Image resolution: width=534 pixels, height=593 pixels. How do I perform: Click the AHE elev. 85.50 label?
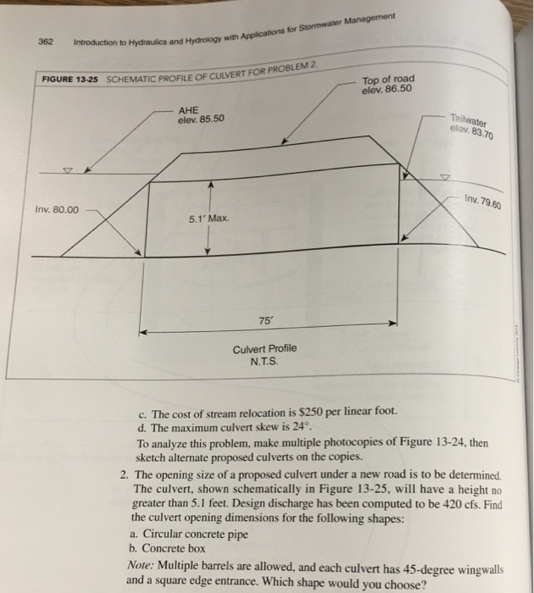coord(201,114)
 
